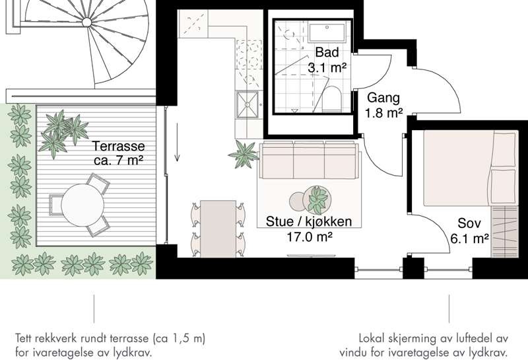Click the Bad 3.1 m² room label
327,59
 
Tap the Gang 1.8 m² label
383,105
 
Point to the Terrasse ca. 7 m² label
119,153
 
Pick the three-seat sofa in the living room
309,161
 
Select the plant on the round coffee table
318,197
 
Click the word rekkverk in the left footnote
59,338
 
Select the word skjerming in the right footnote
415,338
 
